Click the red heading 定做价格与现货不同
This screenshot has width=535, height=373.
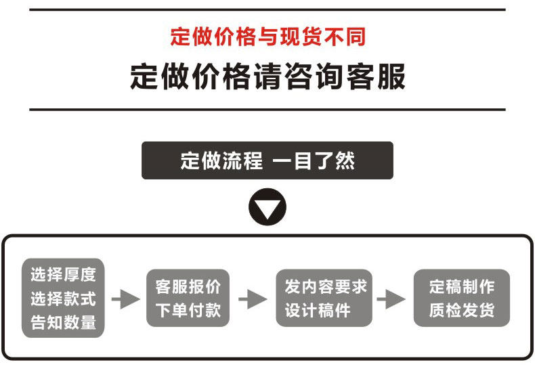(267, 36)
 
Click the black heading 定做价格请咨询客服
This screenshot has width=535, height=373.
(267, 77)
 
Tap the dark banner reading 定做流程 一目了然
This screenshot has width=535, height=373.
(267, 160)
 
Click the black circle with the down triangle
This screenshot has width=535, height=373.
(267, 209)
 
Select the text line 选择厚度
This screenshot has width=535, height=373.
(64, 275)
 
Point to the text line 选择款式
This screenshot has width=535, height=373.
(64, 299)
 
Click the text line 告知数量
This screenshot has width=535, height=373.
(64, 322)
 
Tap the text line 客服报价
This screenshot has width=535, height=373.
(188, 287)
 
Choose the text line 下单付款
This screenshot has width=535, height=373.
(188, 311)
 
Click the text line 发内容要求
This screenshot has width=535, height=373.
(325, 287)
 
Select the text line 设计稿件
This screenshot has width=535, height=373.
(318, 311)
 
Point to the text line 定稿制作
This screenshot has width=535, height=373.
(462, 287)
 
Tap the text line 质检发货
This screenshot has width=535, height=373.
(462, 311)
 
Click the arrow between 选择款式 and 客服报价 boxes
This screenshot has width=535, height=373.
(125, 299)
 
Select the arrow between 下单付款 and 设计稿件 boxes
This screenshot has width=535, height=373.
(253, 299)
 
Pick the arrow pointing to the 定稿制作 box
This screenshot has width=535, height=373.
(391, 299)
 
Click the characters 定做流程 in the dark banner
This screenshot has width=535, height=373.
(221, 160)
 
